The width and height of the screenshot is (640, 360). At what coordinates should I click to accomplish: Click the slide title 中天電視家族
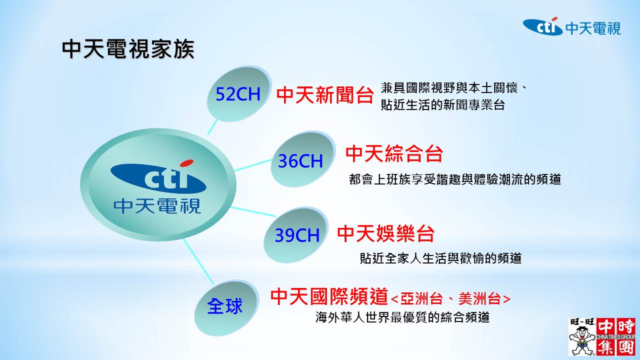pos(128,49)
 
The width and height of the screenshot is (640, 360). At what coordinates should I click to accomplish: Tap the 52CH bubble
pos(238,94)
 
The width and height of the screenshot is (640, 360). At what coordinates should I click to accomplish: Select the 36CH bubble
pos(303,159)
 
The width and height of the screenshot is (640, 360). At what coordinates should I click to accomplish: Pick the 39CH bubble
pos(296,235)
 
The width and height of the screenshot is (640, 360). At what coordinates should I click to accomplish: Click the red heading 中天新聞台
pos(325,95)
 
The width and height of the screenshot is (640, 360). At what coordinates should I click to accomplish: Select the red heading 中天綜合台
pos(394,153)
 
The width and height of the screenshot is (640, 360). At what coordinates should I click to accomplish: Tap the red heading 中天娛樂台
pos(386,233)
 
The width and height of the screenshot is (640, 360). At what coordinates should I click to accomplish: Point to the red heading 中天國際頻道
pos(329,297)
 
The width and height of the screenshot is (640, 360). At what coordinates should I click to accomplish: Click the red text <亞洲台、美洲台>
pos(450,299)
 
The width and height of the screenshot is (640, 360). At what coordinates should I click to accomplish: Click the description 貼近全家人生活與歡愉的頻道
pos(440,258)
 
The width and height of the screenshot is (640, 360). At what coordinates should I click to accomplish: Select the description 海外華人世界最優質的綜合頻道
pos(402,317)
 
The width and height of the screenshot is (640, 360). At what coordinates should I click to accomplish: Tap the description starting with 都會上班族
pos(454,179)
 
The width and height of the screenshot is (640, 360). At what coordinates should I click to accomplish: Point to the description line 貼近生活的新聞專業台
pos(443,105)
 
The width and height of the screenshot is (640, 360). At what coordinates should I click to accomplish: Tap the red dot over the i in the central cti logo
pos(187,163)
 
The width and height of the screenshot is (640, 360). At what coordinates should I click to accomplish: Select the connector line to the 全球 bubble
pos(199,261)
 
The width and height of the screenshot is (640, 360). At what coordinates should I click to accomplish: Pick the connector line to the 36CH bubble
pos(253,165)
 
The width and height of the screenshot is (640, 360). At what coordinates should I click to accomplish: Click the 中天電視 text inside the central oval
pos(157,206)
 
